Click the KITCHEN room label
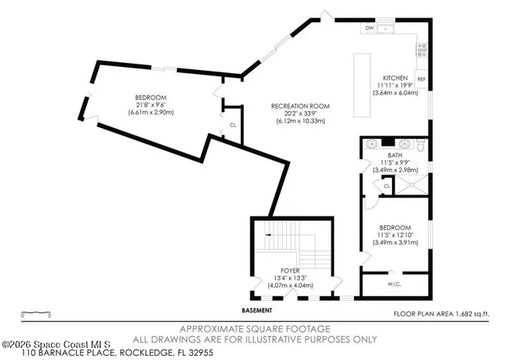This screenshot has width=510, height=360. coord(395,78)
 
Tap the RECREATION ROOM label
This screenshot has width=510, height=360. coord(300,107)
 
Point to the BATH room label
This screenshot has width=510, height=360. coord(394,155)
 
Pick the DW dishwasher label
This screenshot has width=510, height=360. coord(369,29)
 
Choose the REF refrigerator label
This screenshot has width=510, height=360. coord(421,79)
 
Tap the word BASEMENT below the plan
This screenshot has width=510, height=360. coord(257,310)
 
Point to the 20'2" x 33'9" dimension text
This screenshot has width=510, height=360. coord(300,114)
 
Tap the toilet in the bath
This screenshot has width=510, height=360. coord(420,145)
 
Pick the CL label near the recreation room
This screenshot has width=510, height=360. coord(233,126)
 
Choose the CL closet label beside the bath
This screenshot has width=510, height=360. coord(386,186)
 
